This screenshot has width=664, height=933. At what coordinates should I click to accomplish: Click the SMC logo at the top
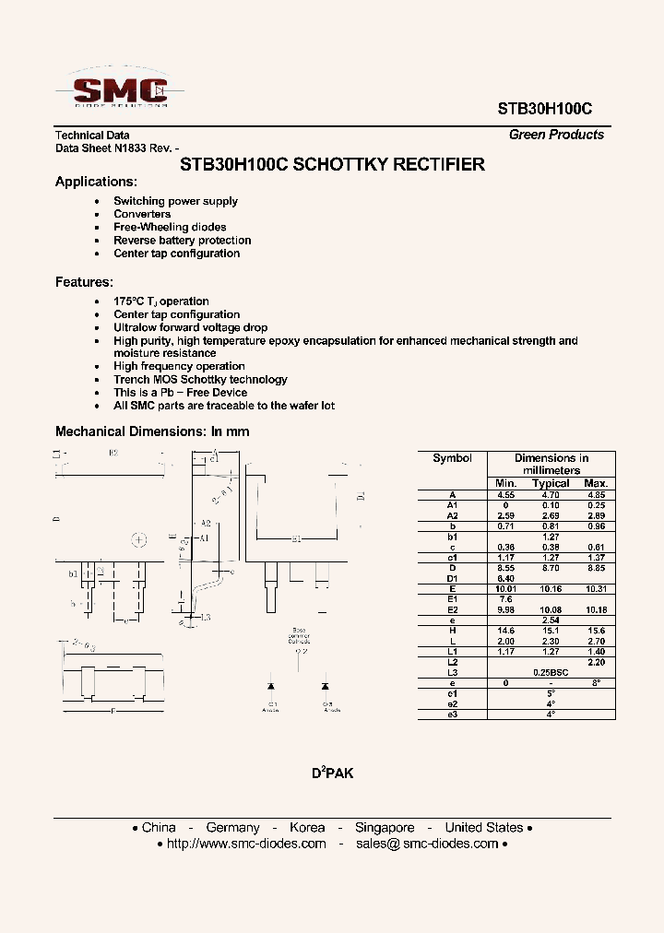point(115,91)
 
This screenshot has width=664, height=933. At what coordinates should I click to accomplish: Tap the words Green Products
point(556,135)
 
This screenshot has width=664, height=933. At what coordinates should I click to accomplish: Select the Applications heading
point(96,182)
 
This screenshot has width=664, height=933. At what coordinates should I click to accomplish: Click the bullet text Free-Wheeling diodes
point(170,227)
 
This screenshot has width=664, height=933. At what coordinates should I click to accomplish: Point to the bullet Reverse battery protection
point(182,241)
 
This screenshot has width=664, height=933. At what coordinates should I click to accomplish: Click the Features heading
point(84,282)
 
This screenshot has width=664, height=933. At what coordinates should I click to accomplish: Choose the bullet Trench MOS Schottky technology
point(200,379)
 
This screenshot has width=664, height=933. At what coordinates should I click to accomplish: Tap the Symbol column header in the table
point(452,458)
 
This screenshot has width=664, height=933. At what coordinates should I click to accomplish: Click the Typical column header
point(551,483)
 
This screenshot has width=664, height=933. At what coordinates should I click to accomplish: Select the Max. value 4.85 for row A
point(596,494)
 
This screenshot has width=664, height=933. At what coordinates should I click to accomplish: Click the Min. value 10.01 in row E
point(505,588)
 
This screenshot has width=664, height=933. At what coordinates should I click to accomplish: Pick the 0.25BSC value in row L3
point(551,673)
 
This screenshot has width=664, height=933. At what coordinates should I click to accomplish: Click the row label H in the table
point(452,631)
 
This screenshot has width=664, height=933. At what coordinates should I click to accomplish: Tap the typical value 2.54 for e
point(551,620)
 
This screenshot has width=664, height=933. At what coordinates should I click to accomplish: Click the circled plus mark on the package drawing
point(138,540)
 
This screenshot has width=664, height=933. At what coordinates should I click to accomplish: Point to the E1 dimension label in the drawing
point(296,537)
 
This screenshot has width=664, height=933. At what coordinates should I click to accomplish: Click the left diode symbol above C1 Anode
point(271,687)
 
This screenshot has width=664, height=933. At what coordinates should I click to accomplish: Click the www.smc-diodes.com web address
point(246,844)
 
